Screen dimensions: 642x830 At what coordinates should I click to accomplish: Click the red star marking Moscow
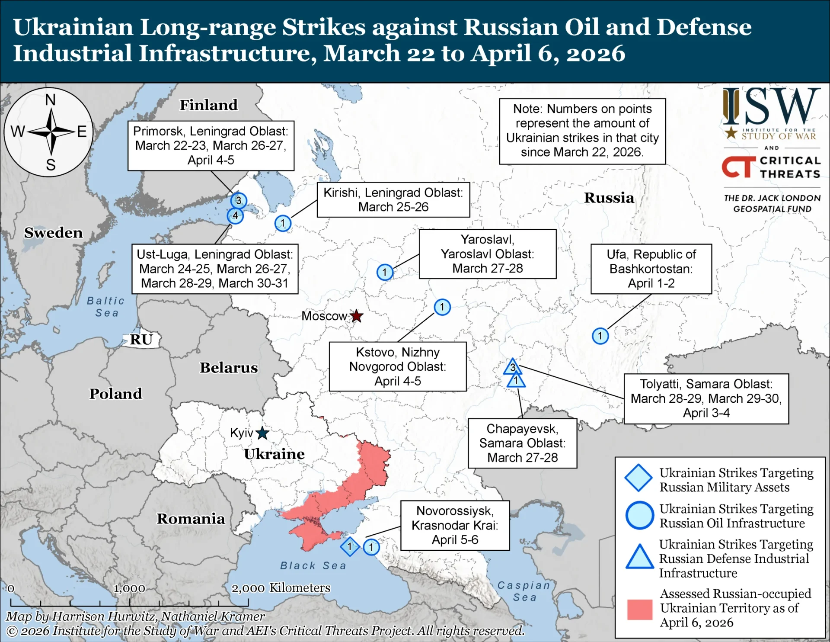coord(357,316)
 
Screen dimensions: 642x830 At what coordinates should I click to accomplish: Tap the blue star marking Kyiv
coord(262,433)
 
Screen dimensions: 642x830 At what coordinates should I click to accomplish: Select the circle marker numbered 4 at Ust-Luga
coord(235,215)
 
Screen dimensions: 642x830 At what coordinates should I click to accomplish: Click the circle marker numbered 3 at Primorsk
coord(239,201)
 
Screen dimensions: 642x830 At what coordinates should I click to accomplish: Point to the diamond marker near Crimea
coord(350,547)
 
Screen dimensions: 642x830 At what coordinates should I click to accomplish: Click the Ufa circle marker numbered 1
coord(600,336)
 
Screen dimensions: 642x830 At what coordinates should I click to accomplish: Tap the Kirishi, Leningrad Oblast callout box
coord(393,199)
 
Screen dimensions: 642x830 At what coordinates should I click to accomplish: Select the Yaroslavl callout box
coord(487,254)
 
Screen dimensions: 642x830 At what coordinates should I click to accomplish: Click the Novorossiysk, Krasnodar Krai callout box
coord(455,525)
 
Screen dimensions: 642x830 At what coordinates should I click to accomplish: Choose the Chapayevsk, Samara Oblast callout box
coord(522,443)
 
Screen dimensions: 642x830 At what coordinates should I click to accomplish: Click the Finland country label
coord(208,105)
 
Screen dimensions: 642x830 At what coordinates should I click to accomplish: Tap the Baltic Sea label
coord(106,307)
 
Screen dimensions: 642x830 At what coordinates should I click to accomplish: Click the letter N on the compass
coord(51,100)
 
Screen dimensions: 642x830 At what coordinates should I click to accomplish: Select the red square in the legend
coord(639,610)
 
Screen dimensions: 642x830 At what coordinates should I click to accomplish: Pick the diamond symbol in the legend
coord(638,478)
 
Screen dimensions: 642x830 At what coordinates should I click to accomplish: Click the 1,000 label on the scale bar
coord(129,589)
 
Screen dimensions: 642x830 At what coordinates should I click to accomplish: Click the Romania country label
coord(191,519)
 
